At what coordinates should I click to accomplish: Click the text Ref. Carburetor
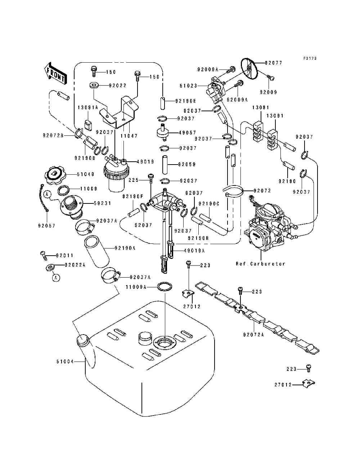point(260,264)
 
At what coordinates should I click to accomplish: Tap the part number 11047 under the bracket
point(129,136)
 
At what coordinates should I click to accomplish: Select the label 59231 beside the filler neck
point(103,203)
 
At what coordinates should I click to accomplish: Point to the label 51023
point(188,86)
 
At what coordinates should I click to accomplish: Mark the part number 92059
point(187,165)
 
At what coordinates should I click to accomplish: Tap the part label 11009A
point(136,287)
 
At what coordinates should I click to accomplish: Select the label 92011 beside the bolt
point(64,256)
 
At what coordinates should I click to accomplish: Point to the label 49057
point(187,133)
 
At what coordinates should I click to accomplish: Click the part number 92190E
point(186,101)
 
